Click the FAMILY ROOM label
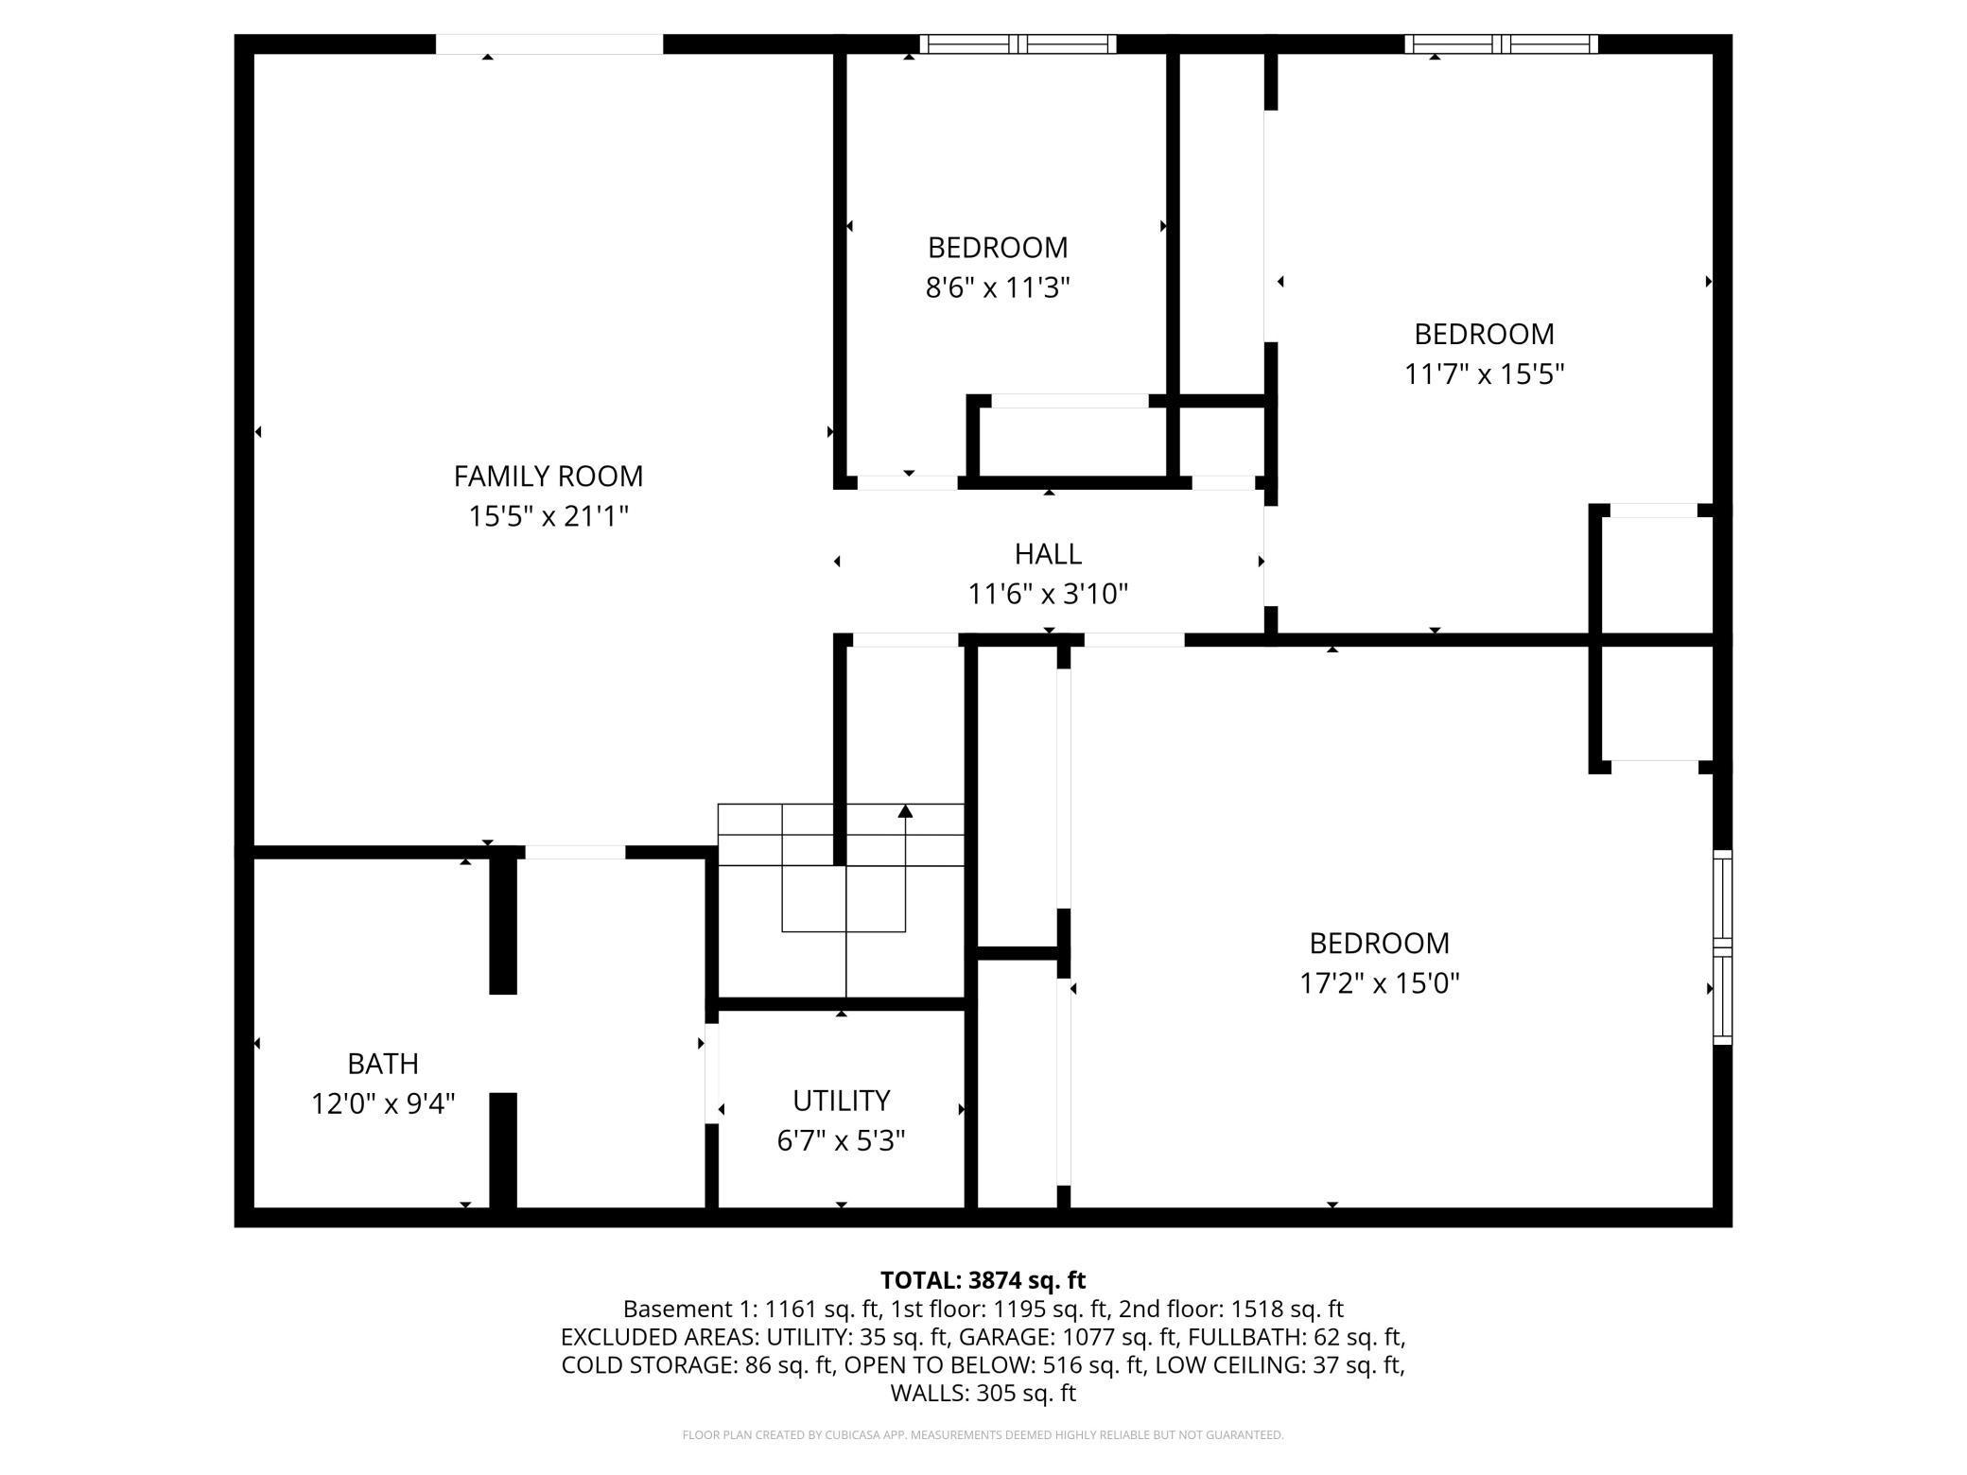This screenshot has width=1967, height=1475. point(548,477)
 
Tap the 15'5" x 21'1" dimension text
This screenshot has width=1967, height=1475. point(548,517)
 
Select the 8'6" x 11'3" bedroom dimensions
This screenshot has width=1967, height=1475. point(998,287)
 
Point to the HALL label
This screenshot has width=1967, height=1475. point(1048,554)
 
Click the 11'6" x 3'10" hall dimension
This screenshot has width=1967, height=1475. point(1048,595)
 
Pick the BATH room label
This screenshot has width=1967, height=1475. point(383,1064)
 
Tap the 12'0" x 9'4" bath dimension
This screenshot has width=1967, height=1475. point(383,1104)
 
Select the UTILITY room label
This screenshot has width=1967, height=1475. point(841,1101)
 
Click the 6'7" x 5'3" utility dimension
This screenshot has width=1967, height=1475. point(841,1141)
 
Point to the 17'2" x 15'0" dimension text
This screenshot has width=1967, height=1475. point(1379,983)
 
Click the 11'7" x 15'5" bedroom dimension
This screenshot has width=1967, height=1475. point(1484,374)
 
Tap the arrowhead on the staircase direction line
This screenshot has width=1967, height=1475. point(905,810)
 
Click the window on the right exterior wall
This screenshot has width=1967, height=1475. point(1723,947)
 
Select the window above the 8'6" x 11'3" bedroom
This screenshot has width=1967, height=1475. point(1018,43)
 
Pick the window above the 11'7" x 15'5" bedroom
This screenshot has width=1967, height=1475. point(1501,43)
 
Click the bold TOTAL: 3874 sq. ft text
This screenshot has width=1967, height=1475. point(983,1280)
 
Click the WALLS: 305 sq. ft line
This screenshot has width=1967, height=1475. point(983,1393)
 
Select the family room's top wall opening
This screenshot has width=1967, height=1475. point(548,43)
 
